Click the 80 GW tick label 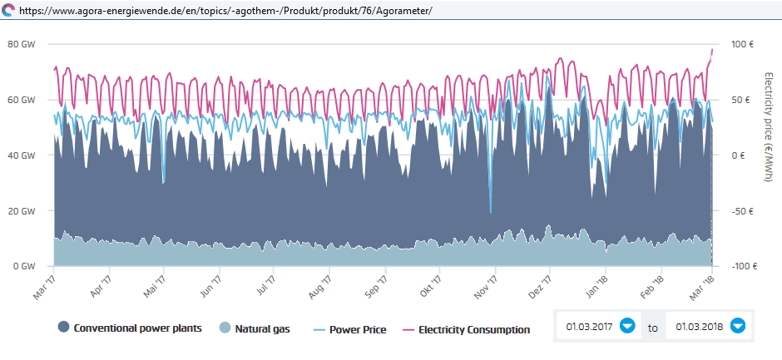click(x=22, y=44)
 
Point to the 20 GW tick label click(x=22, y=211)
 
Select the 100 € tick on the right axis click(x=741, y=44)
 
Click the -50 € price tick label click(x=740, y=211)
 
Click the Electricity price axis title click(x=769, y=125)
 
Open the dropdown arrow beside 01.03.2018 click(x=737, y=326)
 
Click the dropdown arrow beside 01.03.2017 click(x=627, y=326)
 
